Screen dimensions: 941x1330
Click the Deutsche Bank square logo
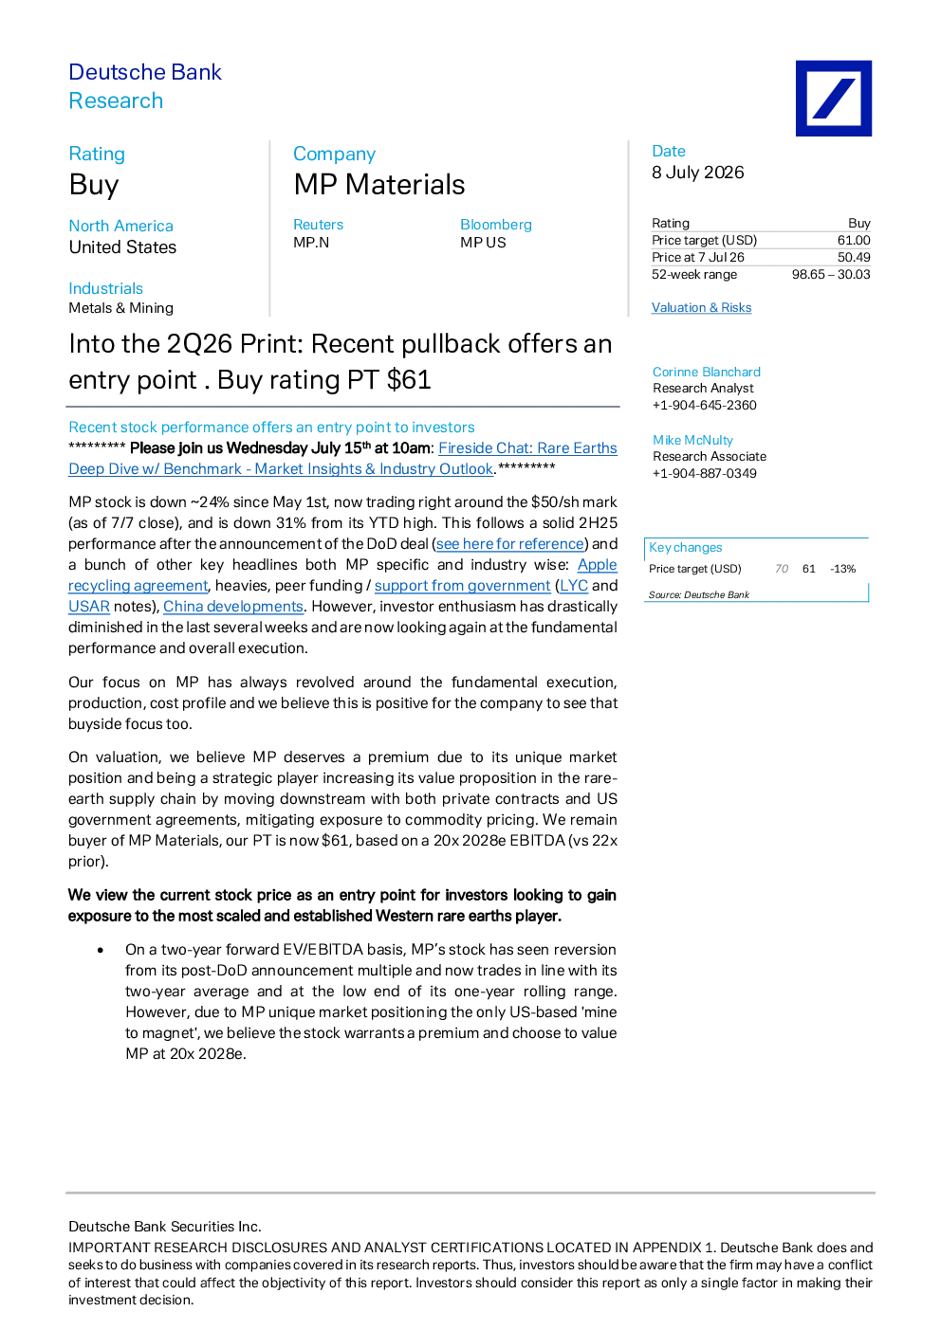[x=834, y=98]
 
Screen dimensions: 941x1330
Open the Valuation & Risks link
[x=701, y=307]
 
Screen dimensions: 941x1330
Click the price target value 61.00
[x=854, y=241]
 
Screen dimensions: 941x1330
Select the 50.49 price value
[x=854, y=257]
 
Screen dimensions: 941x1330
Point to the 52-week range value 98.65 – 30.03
[x=831, y=274]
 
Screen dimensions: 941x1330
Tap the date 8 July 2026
[x=697, y=173]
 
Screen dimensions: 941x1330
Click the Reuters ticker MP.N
[x=311, y=243]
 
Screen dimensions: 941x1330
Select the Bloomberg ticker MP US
[x=483, y=243]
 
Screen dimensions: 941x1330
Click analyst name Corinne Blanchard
[x=707, y=372]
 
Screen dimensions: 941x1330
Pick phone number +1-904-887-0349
[x=705, y=473]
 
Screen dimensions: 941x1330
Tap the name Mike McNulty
[x=692, y=440]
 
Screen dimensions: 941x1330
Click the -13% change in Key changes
[x=843, y=569]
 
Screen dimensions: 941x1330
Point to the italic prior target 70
[x=782, y=569]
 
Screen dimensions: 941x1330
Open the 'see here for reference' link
[x=510, y=544]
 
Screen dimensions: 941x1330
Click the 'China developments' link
[x=232, y=606]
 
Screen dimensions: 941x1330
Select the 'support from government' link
[x=462, y=586]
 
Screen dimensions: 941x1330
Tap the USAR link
[x=89, y=606]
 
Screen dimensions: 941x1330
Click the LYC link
[x=574, y=586]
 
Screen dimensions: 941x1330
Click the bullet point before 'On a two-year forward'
[x=101, y=951]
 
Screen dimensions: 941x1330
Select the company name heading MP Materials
[x=379, y=184]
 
